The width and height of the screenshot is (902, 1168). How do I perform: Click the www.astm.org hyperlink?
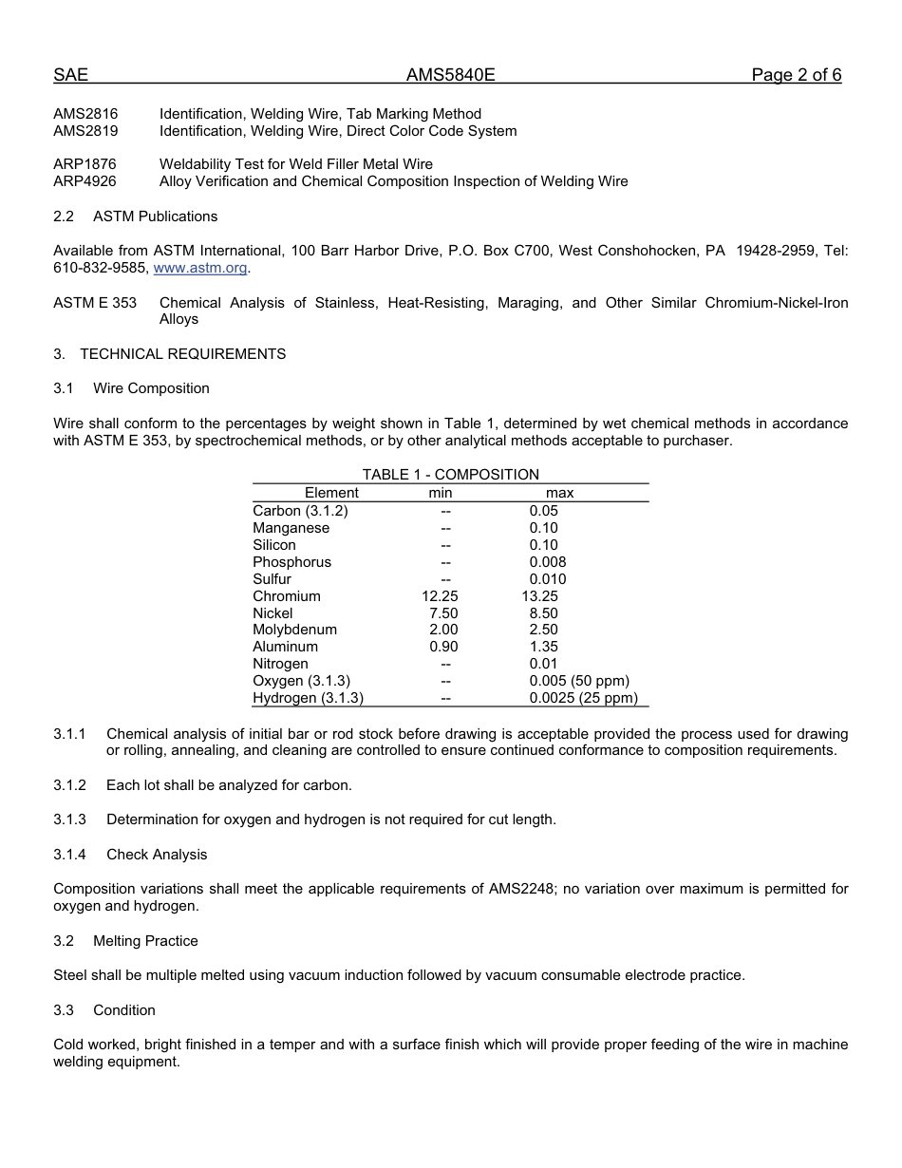click(200, 269)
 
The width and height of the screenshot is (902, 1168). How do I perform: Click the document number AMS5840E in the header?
click(451, 76)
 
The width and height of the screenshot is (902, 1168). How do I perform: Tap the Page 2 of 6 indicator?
click(796, 76)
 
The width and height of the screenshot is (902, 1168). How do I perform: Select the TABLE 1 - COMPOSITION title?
click(450, 475)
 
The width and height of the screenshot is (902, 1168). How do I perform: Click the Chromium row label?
click(287, 596)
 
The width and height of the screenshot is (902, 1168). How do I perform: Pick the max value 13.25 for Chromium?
click(540, 596)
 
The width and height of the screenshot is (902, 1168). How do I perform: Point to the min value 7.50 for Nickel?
click(443, 613)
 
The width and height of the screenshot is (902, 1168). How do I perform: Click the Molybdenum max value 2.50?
click(544, 630)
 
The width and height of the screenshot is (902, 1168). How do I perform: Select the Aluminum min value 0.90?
click(443, 647)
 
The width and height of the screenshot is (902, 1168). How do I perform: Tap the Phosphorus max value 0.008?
click(548, 562)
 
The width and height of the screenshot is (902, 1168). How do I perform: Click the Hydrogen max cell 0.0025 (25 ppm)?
click(583, 698)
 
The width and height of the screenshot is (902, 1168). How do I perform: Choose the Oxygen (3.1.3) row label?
click(302, 681)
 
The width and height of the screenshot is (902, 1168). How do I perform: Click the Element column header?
click(331, 493)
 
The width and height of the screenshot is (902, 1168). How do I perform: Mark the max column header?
click(559, 493)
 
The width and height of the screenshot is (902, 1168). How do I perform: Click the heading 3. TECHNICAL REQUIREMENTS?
click(170, 354)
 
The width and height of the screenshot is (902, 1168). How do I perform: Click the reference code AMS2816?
click(85, 114)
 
